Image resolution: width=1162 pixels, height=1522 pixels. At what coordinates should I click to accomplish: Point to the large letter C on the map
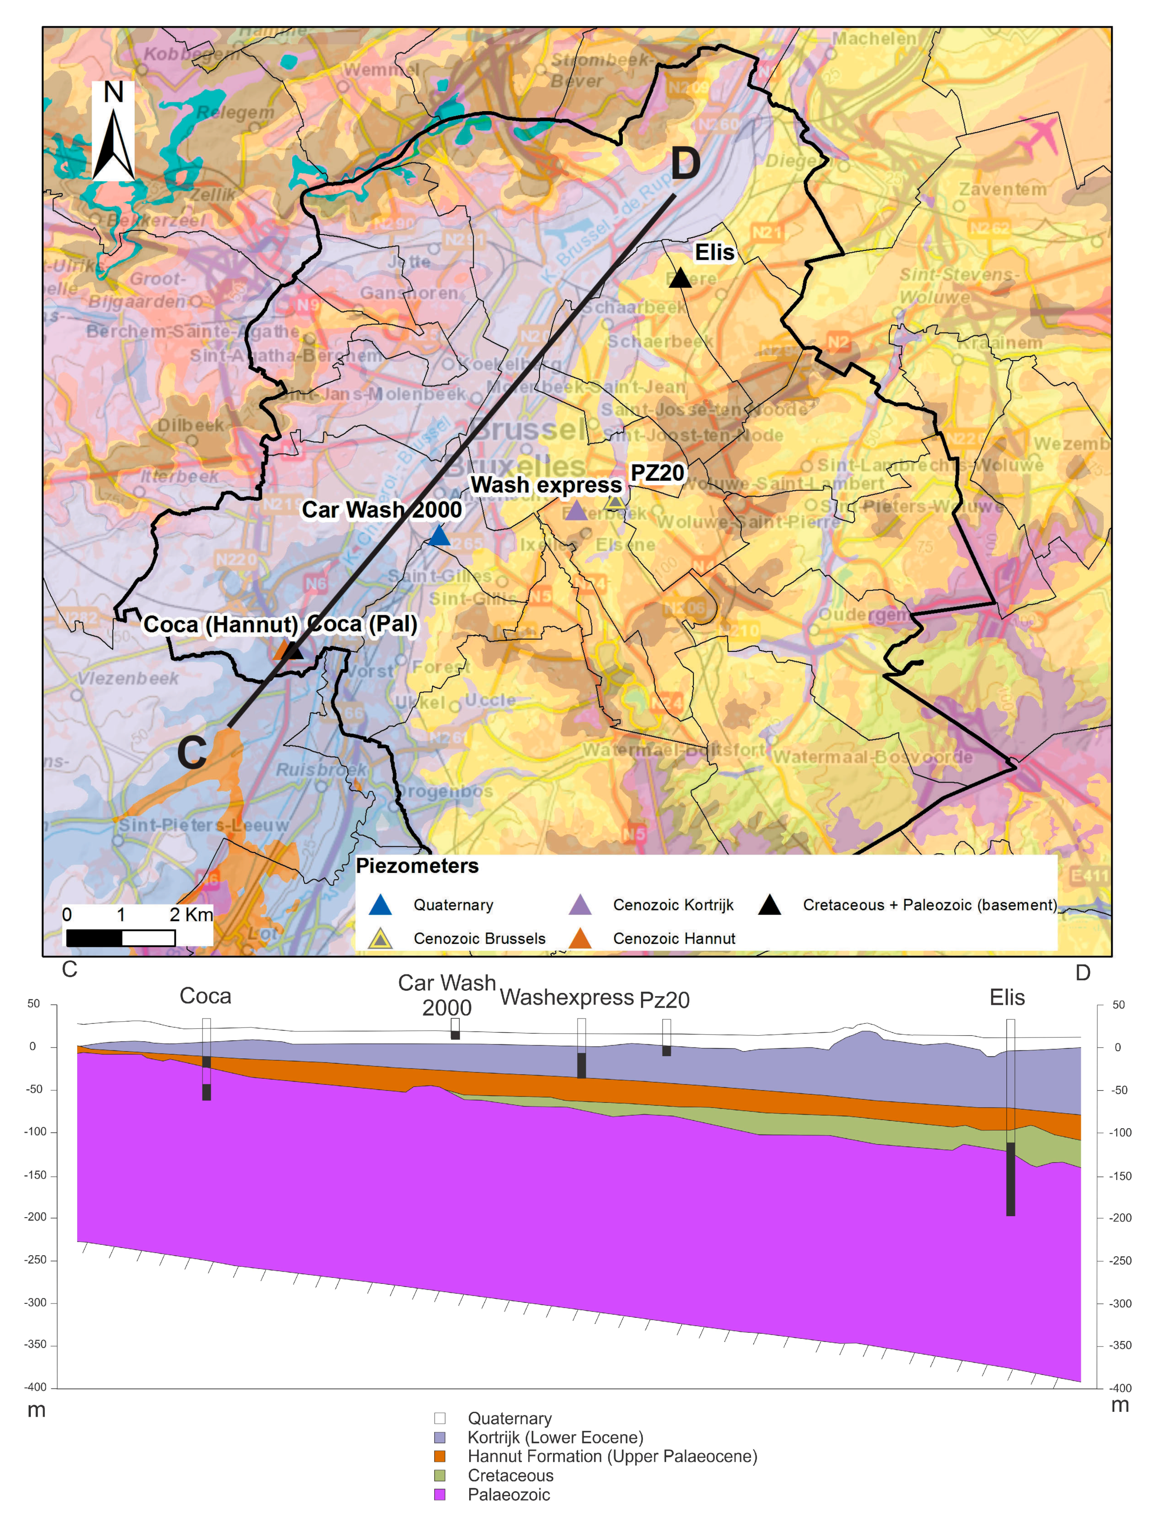[x=191, y=752]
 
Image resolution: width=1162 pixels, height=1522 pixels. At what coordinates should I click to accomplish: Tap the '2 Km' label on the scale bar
[x=191, y=915]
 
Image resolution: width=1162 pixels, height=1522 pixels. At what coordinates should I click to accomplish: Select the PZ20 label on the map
[x=657, y=473]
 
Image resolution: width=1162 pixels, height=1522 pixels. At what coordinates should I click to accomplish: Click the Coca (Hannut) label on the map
[x=220, y=624]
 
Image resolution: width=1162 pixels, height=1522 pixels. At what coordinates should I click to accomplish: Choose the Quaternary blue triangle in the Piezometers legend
[x=380, y=905]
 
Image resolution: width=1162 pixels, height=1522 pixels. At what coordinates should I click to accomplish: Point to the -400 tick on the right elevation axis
[x=1121, y=1388]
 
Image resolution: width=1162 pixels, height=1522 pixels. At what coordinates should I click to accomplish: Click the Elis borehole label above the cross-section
[x=1006, y=998]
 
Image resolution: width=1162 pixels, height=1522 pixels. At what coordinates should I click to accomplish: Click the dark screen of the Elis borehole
[x=1010, y=1179]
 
